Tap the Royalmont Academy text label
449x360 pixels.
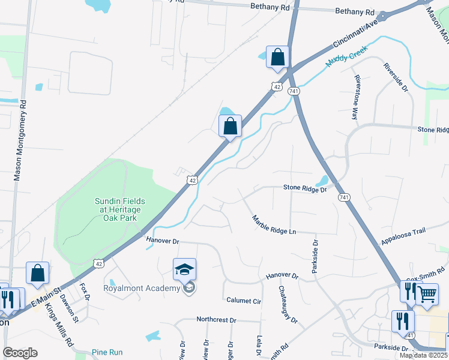point(142,288)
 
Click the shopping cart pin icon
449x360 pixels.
point(427,294)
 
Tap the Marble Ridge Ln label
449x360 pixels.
point(274,225)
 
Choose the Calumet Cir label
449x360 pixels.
point(244,301)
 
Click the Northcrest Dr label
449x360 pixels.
point(216,320)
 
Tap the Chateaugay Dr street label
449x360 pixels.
point(288,304)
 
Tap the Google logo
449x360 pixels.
point(20,353)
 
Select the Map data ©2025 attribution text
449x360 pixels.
point(423,355)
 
